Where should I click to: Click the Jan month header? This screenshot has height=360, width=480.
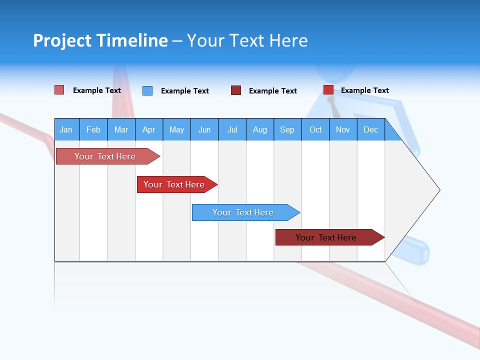click(x=66, y=129)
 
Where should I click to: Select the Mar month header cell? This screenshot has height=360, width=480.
click(x=121, y=129)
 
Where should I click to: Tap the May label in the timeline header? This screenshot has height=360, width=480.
click(x=176, y=129)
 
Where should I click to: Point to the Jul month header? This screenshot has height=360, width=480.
click(x=232, y=129)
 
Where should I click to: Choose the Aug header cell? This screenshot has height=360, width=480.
click(x=259, y=129)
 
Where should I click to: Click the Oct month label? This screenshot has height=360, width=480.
click(x=315, y=129)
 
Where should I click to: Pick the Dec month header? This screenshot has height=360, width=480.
click(x=370, y=129)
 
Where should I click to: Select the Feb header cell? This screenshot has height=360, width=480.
click(x=93, y=129)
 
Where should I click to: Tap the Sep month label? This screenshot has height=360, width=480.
click(x=287, y=129)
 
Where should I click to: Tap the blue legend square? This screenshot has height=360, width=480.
click(x=147, y=90)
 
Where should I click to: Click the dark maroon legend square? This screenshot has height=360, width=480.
click(x=236, y=90)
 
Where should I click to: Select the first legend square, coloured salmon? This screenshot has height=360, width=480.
click(x=59, y=90)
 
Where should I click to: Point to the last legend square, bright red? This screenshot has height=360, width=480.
click(x=328, y=90)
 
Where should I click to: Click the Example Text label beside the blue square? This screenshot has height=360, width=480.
click(x=184, y=91)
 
